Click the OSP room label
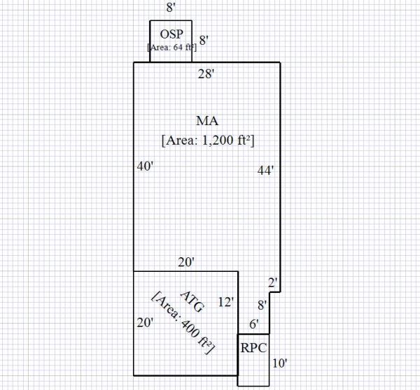171,34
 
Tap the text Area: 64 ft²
171,47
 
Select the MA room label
206,121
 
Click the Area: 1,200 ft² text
207,140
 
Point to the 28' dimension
206,73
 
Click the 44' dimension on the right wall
265,169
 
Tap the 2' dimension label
274,282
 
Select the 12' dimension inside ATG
226,302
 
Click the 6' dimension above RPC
255,324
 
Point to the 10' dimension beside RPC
279,363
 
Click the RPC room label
253,348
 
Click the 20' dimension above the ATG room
185,262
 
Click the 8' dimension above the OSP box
171,8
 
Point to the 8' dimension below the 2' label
262,305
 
